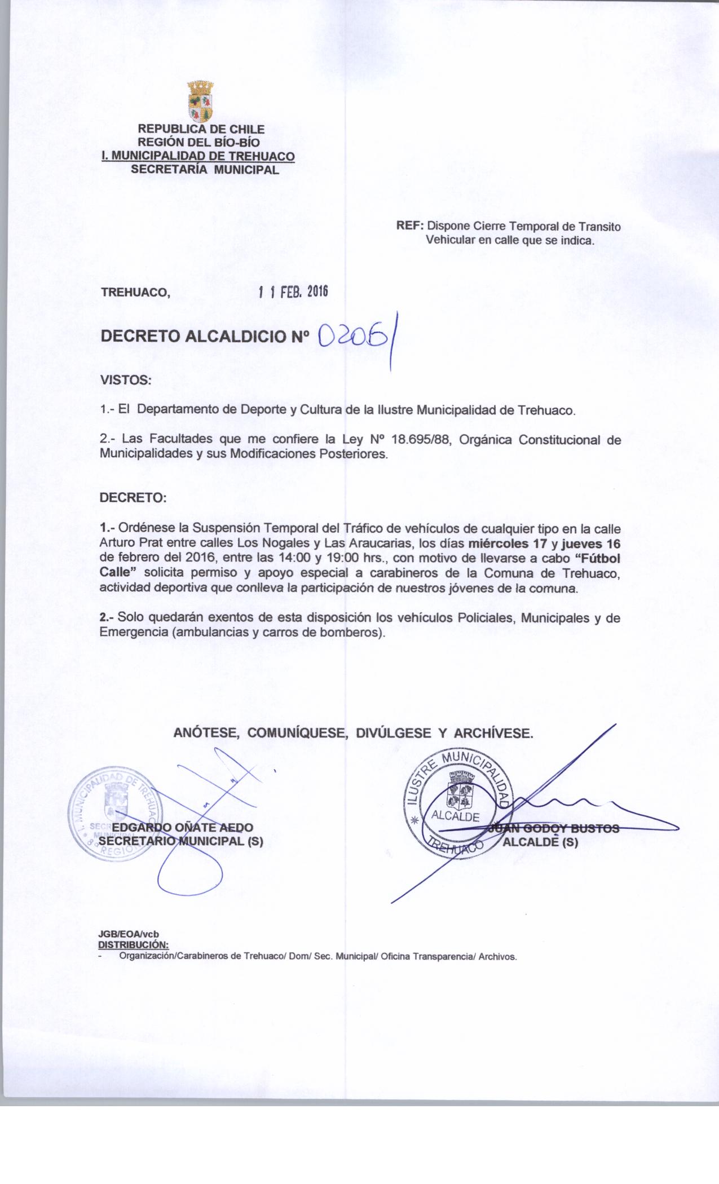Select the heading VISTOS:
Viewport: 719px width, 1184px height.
tap(125, 381)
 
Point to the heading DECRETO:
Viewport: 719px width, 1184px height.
tap(133, 498)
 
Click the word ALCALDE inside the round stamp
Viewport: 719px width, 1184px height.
tap(455, 816)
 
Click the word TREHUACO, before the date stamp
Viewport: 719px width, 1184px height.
tap(134, 292)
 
